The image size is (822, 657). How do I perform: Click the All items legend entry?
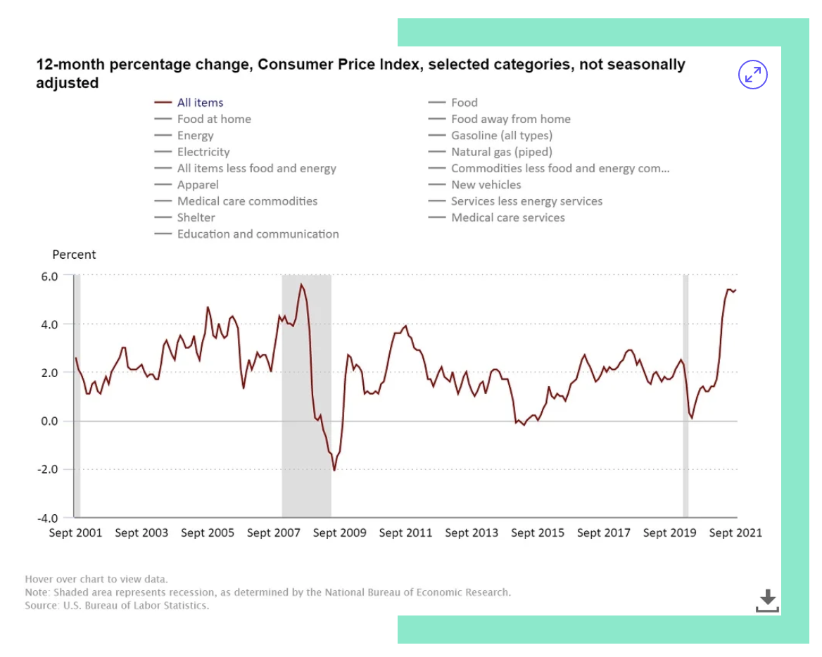(x=200, y=103)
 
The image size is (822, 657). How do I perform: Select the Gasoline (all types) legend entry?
(x=501, y=136)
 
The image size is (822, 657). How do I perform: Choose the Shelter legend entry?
(x=196, y=217)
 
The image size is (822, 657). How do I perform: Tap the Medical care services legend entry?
(x=507, y=217)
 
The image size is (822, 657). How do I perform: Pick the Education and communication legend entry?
(x=258, y=234)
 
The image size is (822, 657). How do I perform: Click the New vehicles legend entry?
(x=486, y=185)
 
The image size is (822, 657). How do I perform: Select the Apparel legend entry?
(x=198, y=185)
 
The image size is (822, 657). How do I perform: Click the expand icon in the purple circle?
(x=752, y=75)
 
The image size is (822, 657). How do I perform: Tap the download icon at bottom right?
(x=767, y=601)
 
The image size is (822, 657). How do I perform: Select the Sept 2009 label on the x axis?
(x=339, y=533)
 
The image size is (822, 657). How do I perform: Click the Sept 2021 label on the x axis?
(x=735, y=533)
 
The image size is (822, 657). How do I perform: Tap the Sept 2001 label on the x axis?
(x=75, y=533)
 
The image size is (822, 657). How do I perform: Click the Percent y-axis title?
(x=74, y=255)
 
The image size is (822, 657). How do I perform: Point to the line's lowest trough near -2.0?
(x=334, y=470)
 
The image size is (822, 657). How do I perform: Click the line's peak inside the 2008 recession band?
(x=301, y=284)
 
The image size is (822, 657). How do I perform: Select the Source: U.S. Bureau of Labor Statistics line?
(x=117, y=605)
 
